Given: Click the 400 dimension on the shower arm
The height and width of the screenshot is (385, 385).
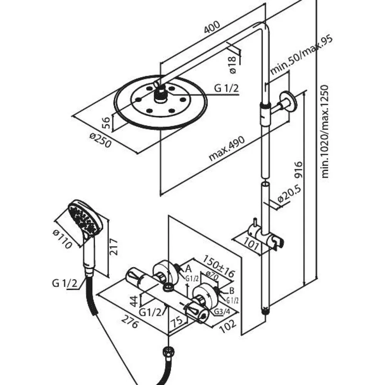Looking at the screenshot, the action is tap(212, 27).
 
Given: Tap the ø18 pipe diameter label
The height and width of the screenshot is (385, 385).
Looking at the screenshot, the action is tap(233, 65).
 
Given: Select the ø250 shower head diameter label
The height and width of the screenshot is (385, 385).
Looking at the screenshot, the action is tap(100, 140).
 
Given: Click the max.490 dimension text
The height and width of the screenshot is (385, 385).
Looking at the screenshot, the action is tap(227, 149).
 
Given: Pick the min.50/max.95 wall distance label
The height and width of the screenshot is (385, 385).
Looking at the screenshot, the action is tap(301, 55).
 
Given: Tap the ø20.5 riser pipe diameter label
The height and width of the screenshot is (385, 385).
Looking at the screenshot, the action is tap(289, 195).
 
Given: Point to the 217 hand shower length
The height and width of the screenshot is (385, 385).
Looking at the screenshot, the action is tap(114, 246).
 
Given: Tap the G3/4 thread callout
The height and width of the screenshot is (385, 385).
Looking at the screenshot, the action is tap(222, 311).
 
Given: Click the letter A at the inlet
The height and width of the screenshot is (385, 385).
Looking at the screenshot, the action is tap(188, 269).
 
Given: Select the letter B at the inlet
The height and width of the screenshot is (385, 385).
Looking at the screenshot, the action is tap(231, 291).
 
